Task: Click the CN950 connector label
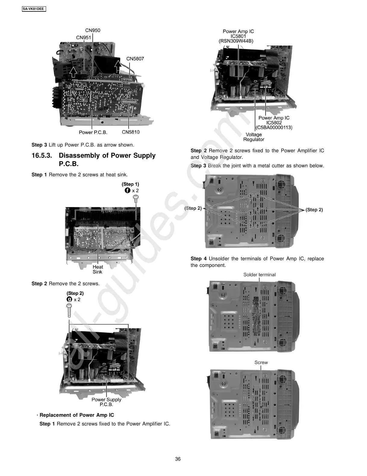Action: pyautogui.click(x=92, y=30)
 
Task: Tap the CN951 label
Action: pyautogui.click(x=83, y=38)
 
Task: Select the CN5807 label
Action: pyautogui.click(x=135, y=59)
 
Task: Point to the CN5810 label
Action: pyautogui.click(x=131, y=132)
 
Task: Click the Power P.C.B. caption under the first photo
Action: pyautogui.click(x=93, y=132)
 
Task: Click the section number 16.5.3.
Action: pyautogui.click(x=42, y=156)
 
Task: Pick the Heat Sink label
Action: pyautogui.click(x=98, y=269)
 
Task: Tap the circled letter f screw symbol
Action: pyautogui.click(x=127, y=190)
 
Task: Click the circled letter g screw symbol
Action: pyautogui.click(x=69, y=299)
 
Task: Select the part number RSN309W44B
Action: pyautogui.click(x=236, y=41)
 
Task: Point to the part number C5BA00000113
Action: pyautogui.click(x=274, y=127)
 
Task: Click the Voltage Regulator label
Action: pyautogui.click(x=253, y=137)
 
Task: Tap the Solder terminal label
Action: pyautogui.click(x=259, y=274)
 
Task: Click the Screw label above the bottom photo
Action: pyautogui.click(x=261, y=362)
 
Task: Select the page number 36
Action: pyautogui.click(x=178, y=459)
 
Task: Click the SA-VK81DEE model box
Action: pyautogui.click(x=33, y=9)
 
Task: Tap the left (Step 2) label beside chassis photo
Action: pyautogui.click(x=193, y=208)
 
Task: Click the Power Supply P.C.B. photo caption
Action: pyautogui.click(x=106, y=402)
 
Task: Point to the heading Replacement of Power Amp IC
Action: pyautogui.click(x=77, y=415)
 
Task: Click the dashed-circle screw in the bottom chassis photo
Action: pyautogui.click(x=261, y=407)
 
